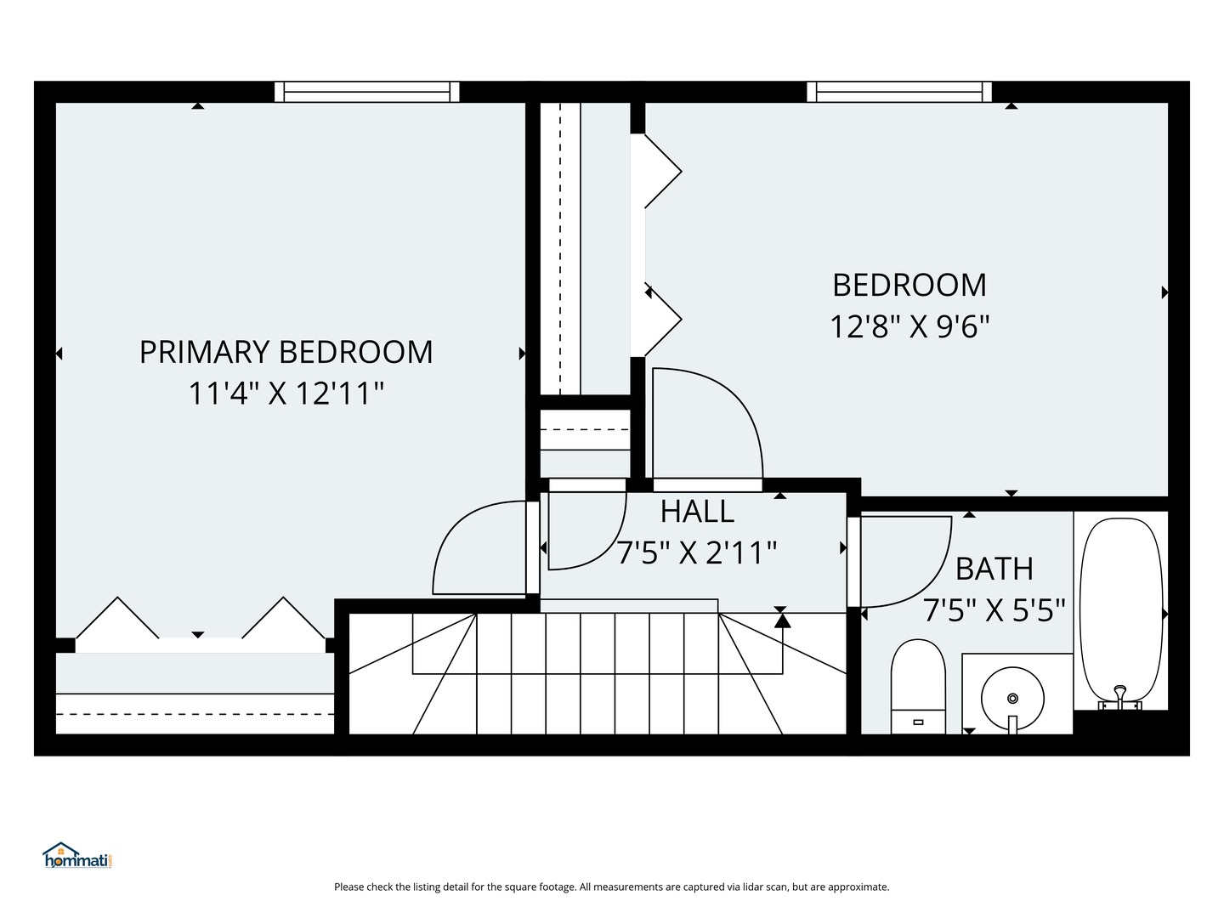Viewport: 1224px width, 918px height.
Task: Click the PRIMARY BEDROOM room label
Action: (x=286, y=352)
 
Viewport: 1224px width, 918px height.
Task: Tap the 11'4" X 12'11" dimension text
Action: (x=286, y=394)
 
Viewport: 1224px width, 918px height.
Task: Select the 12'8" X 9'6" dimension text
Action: (x=909, y=326)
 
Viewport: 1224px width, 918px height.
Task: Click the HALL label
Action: (x=697, y=512)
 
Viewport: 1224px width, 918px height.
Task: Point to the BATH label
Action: (x=994, y=569)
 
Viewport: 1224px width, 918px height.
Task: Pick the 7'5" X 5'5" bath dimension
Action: (x=994, y=610)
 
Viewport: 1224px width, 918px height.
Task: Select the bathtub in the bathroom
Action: (x=1120, y=608)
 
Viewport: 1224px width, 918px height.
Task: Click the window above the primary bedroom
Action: (x=366, y=92)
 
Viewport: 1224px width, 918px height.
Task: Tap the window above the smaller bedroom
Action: (x=899, y=92)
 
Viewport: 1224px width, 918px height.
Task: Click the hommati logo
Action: (x=77, y=856)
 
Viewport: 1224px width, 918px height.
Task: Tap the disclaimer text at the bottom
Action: (x=611, y=887)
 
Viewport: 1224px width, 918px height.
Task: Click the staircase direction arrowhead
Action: (x=782, y=620)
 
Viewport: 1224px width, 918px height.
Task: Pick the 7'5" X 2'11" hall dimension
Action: (x=697, y=553)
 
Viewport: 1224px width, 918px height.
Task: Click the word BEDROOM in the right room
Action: (x=909, y=286)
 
